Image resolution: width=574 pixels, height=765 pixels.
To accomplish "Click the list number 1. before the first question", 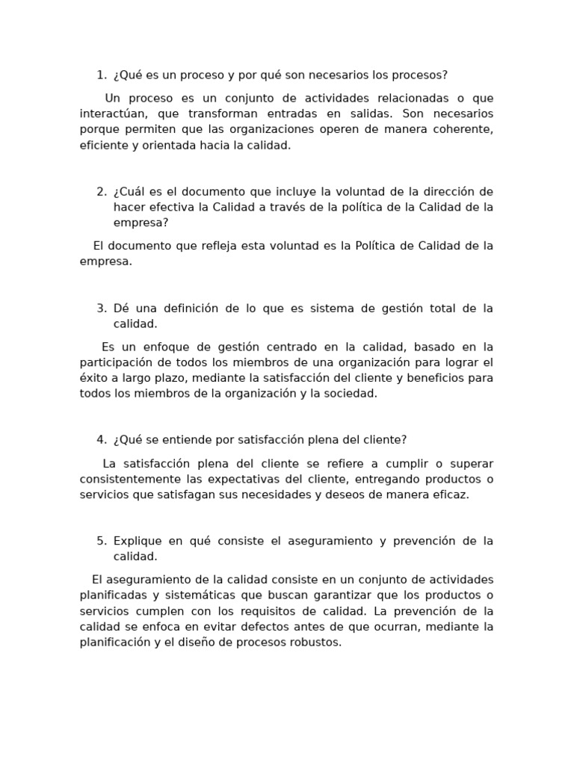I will click(102, 75).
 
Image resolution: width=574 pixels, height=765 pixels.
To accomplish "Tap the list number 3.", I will click(102, 309).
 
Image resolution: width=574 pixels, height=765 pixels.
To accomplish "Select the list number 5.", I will click(102, 541).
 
